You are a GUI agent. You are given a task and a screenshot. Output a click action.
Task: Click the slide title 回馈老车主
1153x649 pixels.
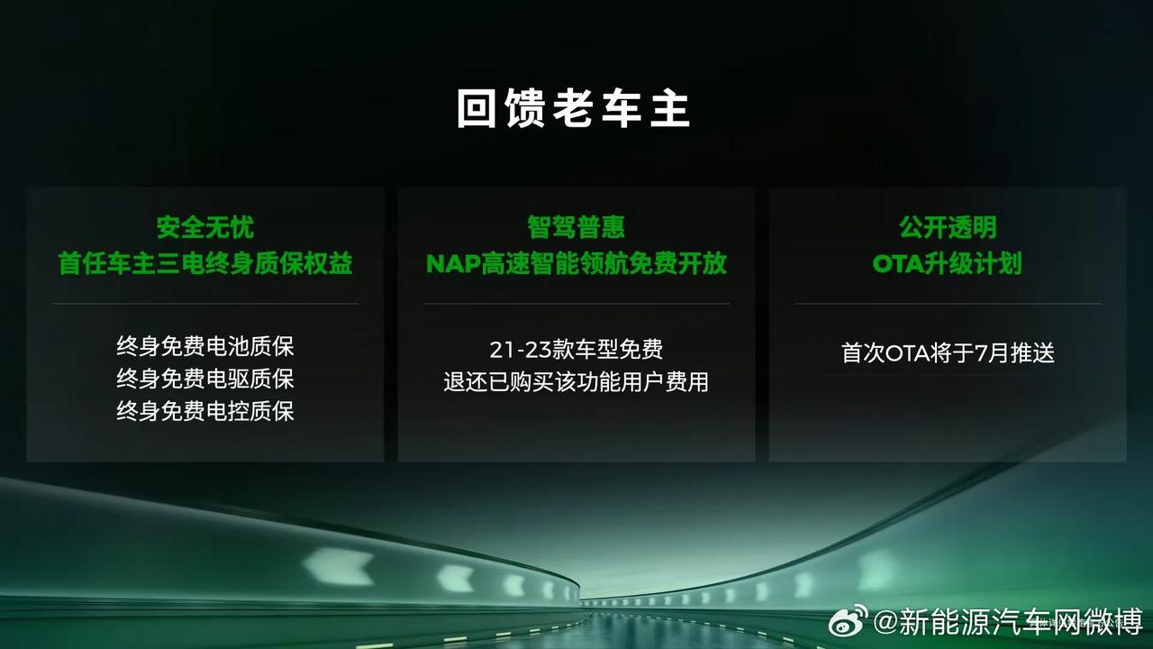574,108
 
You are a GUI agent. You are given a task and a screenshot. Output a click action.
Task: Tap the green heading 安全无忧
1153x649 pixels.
204,227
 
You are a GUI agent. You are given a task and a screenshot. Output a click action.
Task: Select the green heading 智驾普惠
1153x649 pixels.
576,227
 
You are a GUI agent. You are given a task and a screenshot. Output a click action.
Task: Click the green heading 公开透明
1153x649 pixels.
948,227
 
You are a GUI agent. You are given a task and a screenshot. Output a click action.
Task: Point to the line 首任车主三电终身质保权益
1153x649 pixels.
204,264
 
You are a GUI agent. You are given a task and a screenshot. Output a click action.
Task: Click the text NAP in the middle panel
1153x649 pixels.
453,264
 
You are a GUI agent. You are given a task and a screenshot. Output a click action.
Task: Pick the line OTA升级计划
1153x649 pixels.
947,264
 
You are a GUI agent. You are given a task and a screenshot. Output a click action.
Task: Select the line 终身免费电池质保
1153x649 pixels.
204,346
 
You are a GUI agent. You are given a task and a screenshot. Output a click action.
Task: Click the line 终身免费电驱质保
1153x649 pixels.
204,379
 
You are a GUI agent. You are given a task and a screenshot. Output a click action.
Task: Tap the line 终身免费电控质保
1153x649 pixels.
204,411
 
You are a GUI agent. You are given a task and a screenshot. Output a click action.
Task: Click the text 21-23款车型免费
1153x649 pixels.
576,350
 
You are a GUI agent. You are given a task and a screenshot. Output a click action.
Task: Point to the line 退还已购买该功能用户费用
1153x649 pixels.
576,382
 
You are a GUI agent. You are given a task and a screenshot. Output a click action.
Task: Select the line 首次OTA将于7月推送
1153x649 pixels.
948,353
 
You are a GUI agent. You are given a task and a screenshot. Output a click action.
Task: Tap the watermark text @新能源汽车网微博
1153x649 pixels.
1008,622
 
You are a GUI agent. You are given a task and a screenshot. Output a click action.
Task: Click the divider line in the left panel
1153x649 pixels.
204,304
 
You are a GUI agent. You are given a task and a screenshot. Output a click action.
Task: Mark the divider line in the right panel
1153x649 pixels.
948,304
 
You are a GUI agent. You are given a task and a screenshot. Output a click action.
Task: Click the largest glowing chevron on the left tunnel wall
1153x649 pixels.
337,565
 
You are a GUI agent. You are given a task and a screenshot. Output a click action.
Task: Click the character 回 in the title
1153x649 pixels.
477,108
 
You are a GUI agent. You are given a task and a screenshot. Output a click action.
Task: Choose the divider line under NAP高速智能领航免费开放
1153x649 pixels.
576,304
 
